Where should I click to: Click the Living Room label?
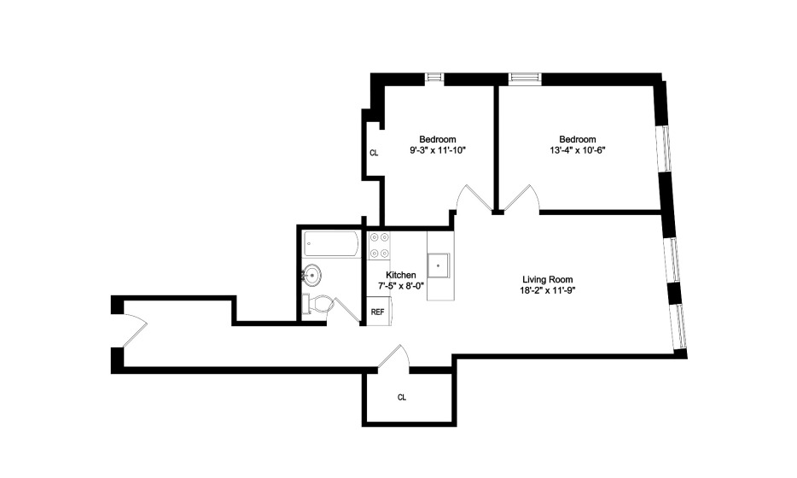point(548,279)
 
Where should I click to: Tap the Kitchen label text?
point(400,275)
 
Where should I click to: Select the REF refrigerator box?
point(378,312)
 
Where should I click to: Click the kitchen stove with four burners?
point(379,245)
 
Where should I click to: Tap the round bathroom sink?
point(311,275)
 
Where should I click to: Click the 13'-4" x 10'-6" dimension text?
point(578,150)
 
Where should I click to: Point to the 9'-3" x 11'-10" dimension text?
point(438,150)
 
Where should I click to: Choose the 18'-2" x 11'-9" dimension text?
point(548,290)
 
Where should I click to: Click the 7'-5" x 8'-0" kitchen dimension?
point(400,286)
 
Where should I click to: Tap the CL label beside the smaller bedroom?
point(374,153)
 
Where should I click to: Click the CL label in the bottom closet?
point(402,397)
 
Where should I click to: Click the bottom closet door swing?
point(394,356)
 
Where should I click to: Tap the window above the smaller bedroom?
point(434,78)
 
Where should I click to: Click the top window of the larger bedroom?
point(525,78)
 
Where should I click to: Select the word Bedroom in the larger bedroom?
point(578,139)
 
